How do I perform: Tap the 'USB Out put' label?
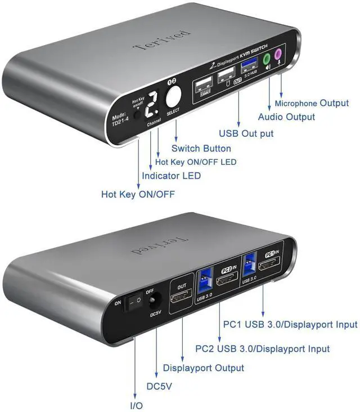click(x=246, y=133)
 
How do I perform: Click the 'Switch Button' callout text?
click(x=201, y=149)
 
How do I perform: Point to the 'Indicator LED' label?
click(x=171, y=176)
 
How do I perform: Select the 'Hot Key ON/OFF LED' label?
click(x=195, y=162)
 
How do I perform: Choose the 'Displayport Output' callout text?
click(x=204, y=368)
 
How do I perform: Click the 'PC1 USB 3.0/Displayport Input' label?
click(x=290, y=324)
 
